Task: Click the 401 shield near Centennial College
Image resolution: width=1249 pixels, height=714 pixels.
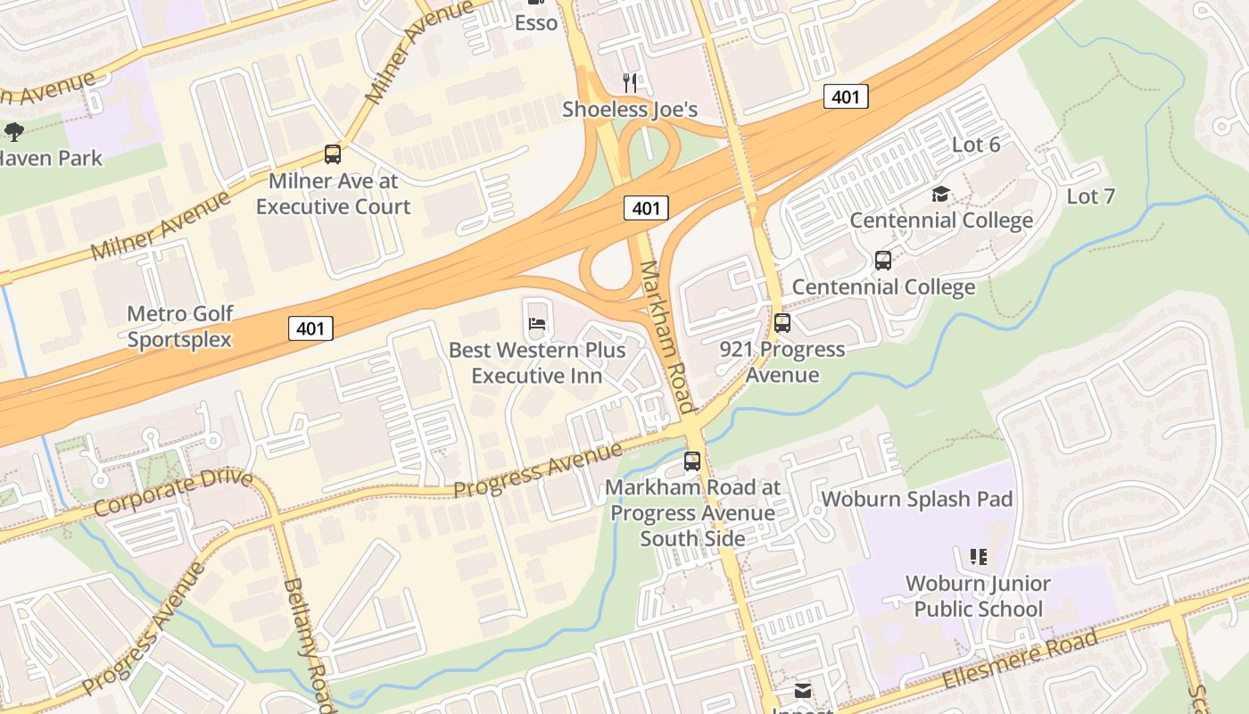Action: pos(845,96)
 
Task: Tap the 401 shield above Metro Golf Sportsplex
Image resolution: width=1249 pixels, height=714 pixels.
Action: pos(310,328)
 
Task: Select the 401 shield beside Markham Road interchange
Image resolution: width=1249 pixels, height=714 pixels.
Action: pos(646,209)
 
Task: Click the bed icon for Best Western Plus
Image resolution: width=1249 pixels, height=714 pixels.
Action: pos(537,323)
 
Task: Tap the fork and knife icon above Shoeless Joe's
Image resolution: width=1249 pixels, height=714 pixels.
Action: pos(630,83)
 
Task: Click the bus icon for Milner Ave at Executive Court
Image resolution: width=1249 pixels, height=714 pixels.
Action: pos(333,154)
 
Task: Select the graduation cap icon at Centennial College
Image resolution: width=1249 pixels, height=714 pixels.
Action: pos(940,194)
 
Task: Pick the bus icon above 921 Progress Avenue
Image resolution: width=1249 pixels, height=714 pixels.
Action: pos(782,323)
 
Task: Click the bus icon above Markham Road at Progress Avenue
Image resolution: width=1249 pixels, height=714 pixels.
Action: pos(692,461)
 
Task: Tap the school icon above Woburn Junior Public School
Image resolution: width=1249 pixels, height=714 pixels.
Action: pos(978,557)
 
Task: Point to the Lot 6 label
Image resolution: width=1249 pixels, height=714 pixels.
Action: pos(976,145)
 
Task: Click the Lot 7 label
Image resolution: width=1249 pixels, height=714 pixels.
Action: pos(1090,196)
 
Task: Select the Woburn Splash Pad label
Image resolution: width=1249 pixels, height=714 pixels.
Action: pos(917,499)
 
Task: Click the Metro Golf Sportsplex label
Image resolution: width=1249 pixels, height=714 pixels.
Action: pos(179,327)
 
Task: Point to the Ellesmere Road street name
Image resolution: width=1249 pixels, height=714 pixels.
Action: pos(1021,660)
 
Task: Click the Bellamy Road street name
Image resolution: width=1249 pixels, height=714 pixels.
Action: pos(309,643)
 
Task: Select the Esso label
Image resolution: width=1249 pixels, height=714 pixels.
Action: pos(536,22)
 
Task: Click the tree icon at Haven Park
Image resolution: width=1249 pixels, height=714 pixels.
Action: pos(13,132)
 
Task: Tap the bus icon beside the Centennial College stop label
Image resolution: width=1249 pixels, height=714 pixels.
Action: pos(883,261)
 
